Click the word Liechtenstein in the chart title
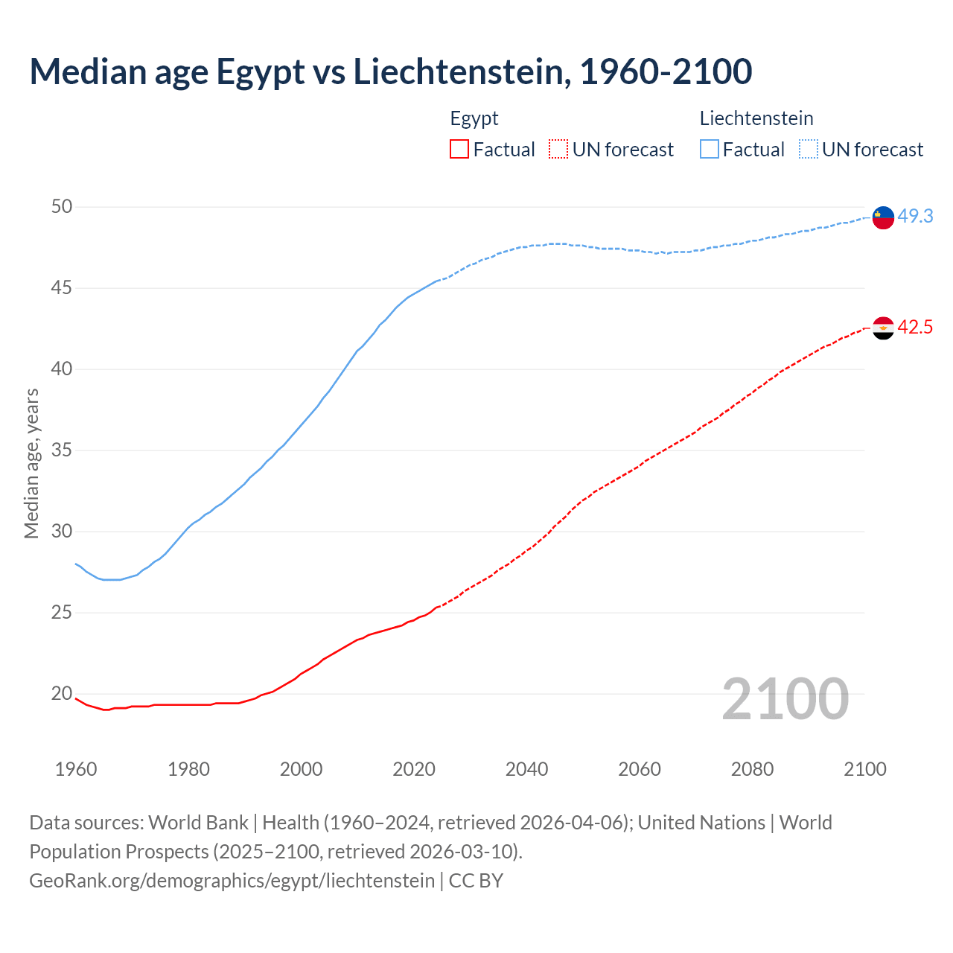click(462, 71)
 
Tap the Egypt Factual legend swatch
click(459, 150)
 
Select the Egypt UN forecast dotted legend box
click(558, 150)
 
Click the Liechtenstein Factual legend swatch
click(710, 150)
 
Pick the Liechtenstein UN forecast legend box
click(809, 150)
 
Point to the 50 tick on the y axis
click(62, 207)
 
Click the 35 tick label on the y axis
click(62, 450)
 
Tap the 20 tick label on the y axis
click(62, 694)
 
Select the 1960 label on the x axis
click(76, 769)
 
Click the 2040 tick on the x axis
click(526, 769)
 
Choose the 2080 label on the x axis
click(752, 769)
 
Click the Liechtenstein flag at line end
click(883, 217)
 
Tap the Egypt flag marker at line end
click(883, 328)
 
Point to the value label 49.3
click(915, 217)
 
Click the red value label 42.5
click(915, 328)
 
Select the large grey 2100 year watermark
click(785, 698)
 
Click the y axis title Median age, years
click(31, 463)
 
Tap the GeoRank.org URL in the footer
click(232, 881)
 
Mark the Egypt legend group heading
click(474, 118)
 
